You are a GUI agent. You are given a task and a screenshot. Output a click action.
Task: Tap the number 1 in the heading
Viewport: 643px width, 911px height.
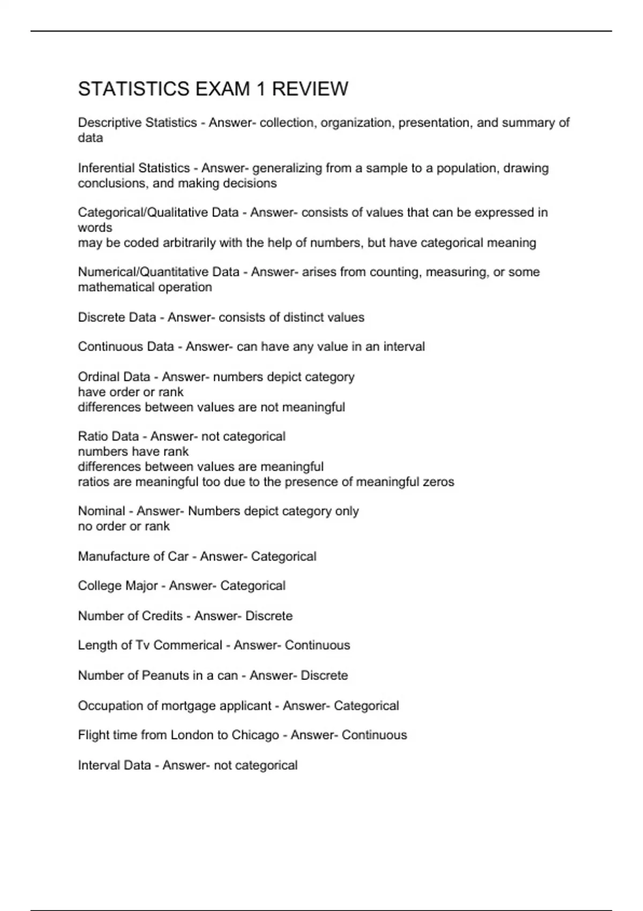click(x=260, y=89)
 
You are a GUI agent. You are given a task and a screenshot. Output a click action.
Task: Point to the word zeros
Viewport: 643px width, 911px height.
click(x=438, y=482)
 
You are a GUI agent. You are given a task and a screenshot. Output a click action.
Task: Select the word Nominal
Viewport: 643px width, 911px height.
click(x=101, y=511)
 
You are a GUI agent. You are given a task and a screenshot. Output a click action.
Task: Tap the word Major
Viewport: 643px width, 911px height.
click(x=141, y=586)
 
